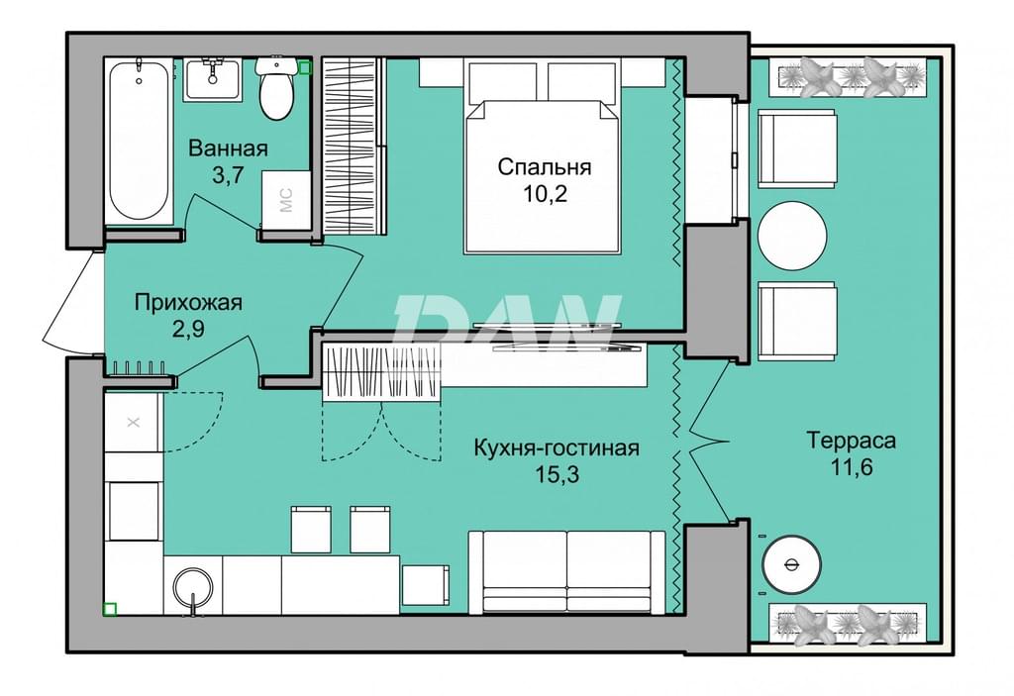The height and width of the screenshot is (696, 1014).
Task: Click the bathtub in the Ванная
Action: click(x=139, y=141)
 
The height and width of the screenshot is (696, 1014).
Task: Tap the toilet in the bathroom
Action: click(x=276, y=89)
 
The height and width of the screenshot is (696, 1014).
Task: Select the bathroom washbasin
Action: click(x=212, y=79)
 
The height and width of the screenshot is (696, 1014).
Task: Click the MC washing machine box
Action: click(x=286, y=200)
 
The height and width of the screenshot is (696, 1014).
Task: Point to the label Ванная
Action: click(x=228, y=149)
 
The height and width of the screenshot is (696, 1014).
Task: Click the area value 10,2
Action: click(x=546, y=193)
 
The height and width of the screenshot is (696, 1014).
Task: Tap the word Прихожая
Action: click(x=188, y=302)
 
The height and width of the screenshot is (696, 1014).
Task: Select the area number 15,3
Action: click(x=557, y=475)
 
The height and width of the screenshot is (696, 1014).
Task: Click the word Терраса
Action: click(x=851, y=441)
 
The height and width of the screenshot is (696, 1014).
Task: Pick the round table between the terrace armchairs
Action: click(x=792, y=236)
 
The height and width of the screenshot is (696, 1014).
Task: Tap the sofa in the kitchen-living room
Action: click(x=566, y=572)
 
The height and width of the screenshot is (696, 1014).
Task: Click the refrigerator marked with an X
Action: click(x=134, y=423)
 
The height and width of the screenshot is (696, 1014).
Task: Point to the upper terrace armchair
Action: click(x=797, y=149)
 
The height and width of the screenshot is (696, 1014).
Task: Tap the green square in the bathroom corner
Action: click(x=305, y=66)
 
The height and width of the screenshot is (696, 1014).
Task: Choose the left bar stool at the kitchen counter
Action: click(x=311, y=529)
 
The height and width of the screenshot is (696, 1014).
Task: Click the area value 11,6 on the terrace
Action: click(x=852, y=466)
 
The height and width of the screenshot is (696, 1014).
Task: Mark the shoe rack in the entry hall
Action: click(x=140, y=367)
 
